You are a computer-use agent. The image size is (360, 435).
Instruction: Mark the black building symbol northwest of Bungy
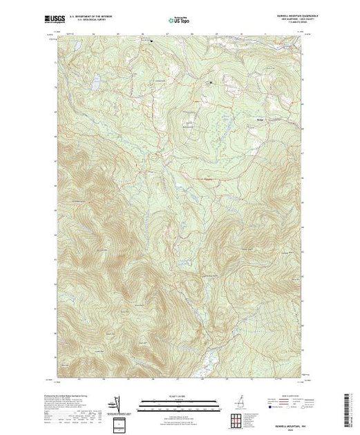click(211, 84)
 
